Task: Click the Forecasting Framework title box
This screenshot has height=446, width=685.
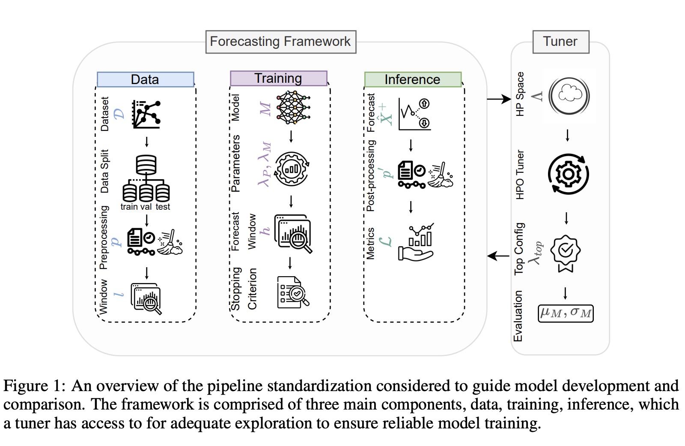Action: [280, 42]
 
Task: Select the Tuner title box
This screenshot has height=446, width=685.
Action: [560, 42]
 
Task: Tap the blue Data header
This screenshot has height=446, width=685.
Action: [145, 79]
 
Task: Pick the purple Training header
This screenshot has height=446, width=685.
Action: [278, 78]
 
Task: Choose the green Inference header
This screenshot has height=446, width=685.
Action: [412, 79]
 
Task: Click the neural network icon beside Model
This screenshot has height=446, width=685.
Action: [293, 108]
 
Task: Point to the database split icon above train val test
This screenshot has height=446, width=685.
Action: [146, 178]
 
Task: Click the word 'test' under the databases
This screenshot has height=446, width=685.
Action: [163, 207]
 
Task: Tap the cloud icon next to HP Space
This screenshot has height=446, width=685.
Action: [569, 96]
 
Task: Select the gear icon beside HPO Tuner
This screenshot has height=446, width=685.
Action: [569, 174]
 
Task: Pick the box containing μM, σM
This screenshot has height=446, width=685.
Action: [566, 313]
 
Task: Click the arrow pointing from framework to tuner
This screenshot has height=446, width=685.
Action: [499, 99]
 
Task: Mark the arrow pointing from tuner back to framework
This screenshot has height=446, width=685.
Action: [499, 256]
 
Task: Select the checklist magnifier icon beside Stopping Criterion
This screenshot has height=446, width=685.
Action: [293, 292]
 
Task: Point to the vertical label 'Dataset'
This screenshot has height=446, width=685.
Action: [105, 114]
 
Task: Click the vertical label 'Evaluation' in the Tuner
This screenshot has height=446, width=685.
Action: [518, 316]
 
